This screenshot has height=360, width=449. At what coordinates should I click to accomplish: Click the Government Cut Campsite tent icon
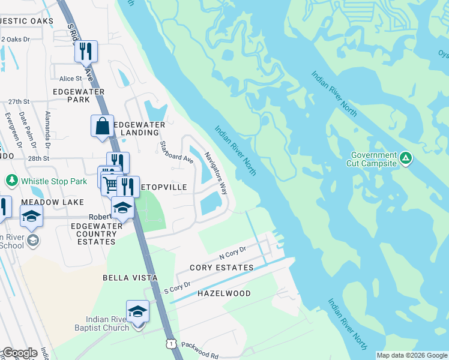(x=406, y=158)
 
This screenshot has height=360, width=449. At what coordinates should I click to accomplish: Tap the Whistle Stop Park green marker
(x=11, y=180)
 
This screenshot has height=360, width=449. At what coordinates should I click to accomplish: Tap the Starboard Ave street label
(x=176, y=152)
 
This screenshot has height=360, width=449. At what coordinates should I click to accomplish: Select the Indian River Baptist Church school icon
(x=138, y=311)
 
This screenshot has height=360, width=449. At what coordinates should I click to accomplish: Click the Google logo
(x=20, y=353)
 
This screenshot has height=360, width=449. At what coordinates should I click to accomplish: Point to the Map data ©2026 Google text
(x=411, y=355)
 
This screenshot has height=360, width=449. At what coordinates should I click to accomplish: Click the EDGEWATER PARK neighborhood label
(x=79, y=95)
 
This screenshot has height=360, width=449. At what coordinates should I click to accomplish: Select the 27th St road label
(x=19, y=102)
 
